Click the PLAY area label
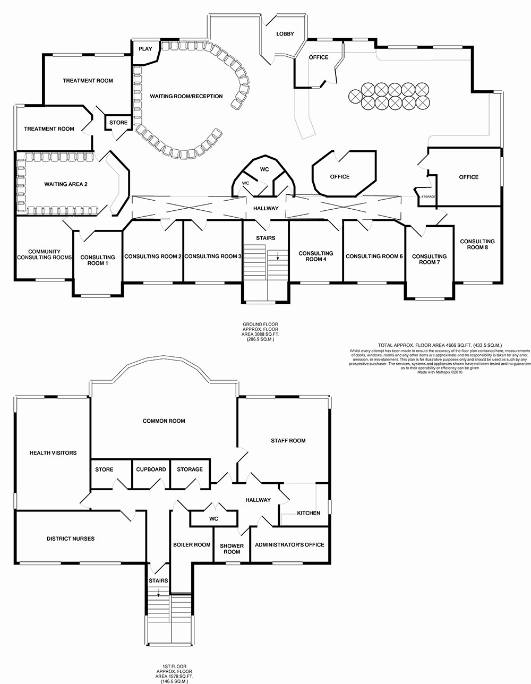point(145,49)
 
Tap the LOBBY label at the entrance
point(285,34)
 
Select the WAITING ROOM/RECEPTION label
point(186,97)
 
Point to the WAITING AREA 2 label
point(65,184)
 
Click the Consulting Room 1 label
point(98,260)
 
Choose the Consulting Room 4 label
point(316,256)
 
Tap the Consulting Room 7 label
point(429,259)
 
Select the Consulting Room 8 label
point(477,244)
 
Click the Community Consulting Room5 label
point(45,254)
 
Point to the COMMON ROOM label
point(164,421)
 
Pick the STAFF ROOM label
point(288,441)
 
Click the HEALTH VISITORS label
point(53,453)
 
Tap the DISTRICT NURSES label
point(70,539)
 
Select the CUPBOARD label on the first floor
point(151,469)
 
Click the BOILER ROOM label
point(192,545)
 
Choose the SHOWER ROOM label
point(232,549)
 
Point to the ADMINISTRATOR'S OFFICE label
point(289,545)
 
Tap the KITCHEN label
point(308,513)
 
